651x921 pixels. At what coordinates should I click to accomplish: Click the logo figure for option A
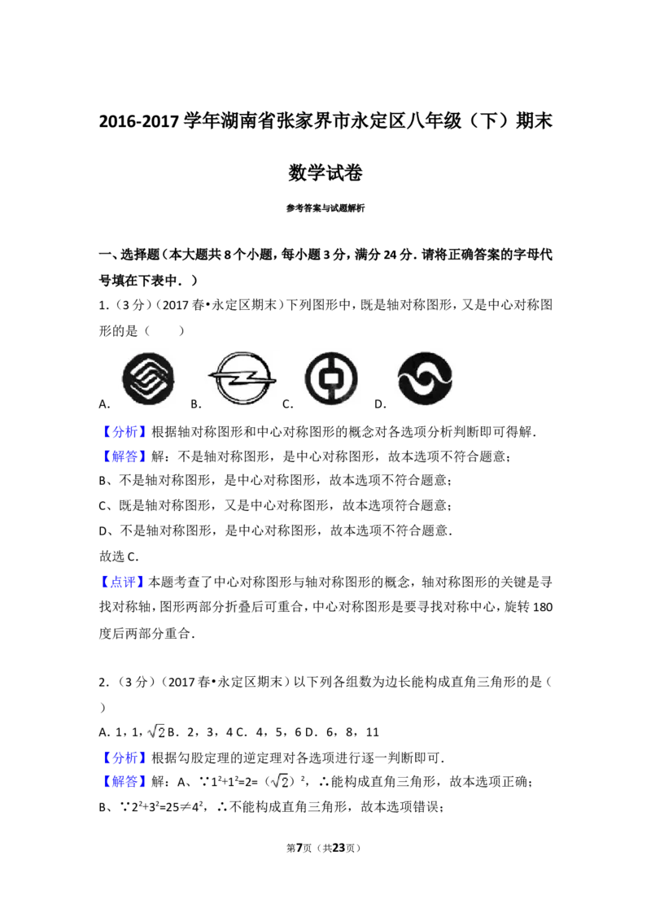click(148, 379)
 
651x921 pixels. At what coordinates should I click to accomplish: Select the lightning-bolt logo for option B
click(242, 378)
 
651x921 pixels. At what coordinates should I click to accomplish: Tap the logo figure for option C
click(331, 379)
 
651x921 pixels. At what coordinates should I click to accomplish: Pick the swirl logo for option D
click(425, 379)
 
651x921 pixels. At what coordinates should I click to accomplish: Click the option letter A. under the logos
click(105, 404)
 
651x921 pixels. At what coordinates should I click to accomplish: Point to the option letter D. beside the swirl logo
click(380, 404)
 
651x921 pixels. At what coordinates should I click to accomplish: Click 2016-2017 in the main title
click(138, 121)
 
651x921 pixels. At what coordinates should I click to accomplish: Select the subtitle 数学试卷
click(325, 172)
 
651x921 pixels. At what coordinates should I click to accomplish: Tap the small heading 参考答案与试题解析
click(325, 208)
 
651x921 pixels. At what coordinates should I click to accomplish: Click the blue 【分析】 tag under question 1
click(125, 432)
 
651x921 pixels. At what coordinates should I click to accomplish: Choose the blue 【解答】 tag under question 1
click(125, 456)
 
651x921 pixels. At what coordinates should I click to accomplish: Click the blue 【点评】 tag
click(124, 582)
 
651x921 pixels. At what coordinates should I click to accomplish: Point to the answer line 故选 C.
click(119, 557)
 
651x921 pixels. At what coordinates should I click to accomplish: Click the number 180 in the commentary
click(542, 607)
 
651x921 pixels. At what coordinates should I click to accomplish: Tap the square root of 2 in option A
click(156, 731)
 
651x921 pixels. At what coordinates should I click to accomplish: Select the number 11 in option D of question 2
click(373, 732)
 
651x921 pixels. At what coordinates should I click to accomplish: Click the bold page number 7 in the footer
click(299, 848)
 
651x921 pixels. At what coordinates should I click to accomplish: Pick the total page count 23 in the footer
click(339, 848)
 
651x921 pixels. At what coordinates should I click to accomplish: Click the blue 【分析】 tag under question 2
click(125, 757)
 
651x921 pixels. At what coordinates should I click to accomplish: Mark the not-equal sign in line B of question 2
click(187, 808)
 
